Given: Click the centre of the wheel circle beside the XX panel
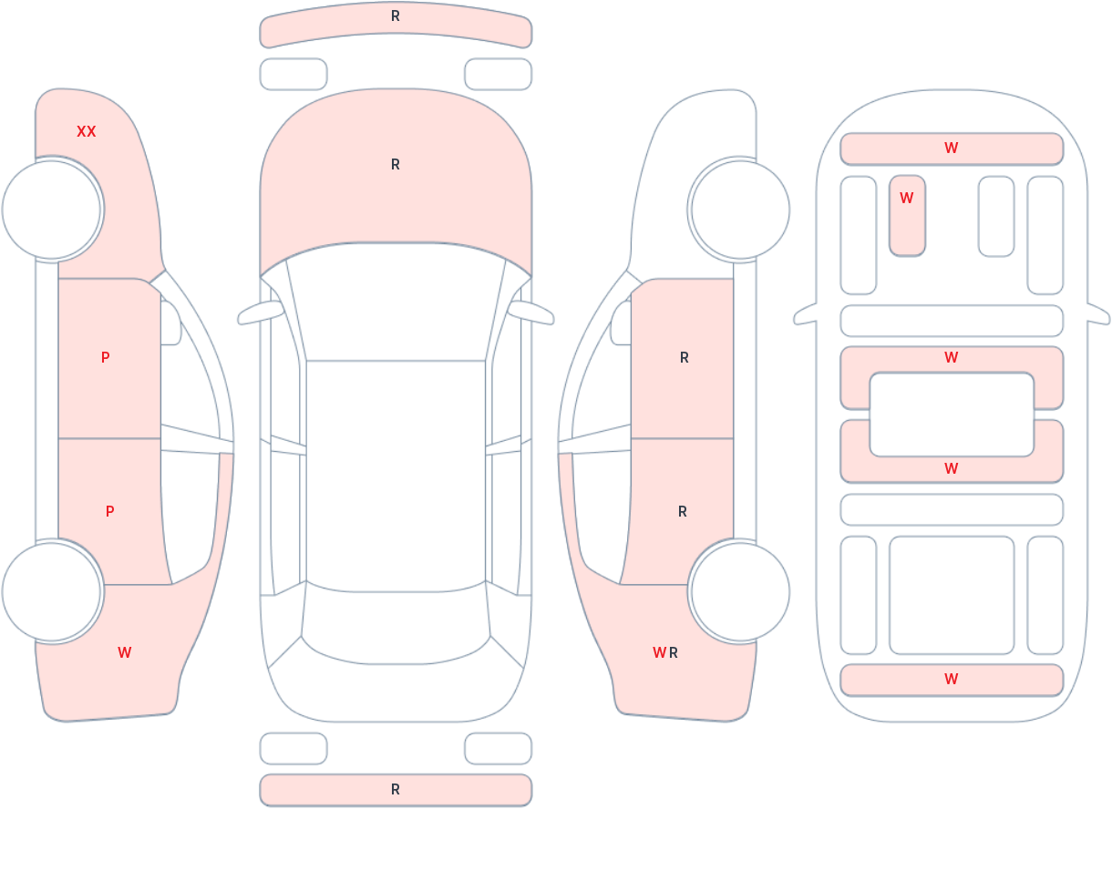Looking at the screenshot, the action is point(51,210).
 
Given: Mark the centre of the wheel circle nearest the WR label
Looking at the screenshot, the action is point(740,592).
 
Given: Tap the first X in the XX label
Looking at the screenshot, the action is point(81,132).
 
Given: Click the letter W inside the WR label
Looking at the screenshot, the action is point(659,652).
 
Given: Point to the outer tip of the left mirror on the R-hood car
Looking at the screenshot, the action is point(239,320).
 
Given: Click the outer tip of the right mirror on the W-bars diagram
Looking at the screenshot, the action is point(1109,320).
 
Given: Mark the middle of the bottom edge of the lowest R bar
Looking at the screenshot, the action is point(396,805).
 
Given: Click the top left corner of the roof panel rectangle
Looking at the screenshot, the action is point(306,361).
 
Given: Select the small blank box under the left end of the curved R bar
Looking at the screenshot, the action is point(293,75).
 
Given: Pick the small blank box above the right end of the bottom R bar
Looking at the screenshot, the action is point(499,748).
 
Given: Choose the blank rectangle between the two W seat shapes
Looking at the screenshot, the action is point(952,415).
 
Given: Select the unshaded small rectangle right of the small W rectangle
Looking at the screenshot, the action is point(996,216).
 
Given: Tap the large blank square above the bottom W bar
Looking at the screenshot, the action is point(952,596).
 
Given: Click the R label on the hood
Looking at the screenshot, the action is point(396,165).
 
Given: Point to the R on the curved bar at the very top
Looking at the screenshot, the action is point(396,16).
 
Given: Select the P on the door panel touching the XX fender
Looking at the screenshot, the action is point(106,357).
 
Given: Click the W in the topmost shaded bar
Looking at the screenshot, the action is point(952,149).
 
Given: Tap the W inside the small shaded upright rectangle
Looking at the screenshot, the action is point(906,198).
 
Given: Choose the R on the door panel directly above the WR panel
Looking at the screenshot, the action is point(683,512).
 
